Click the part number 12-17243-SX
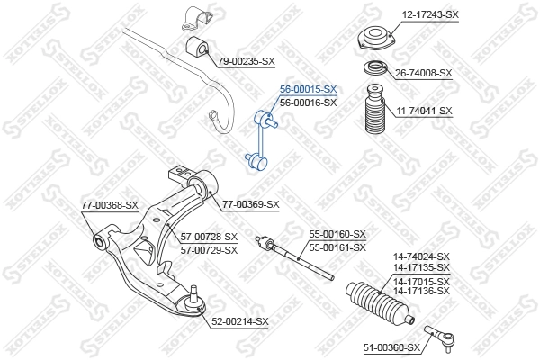click(x=429, y=15)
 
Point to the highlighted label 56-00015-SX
click(x=308, y=90)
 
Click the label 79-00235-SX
click(x=246, y=60)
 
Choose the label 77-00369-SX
click(x=251, y=204)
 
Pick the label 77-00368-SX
click(x=110, y=205)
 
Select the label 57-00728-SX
click(x=209, y=237)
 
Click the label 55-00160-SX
click(x=337, y=234)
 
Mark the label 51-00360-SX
click(x=391, y=347)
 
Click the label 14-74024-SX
click(x=420, y=256)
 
